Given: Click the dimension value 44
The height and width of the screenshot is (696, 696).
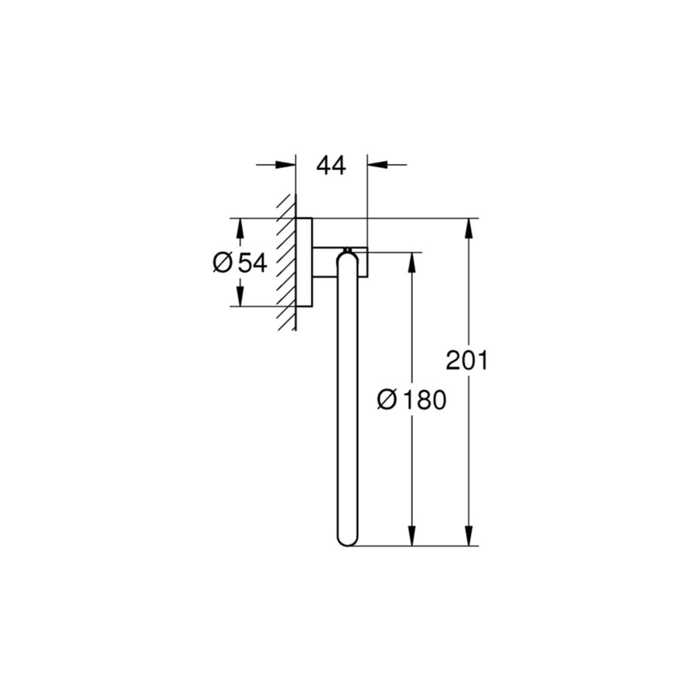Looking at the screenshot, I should point(330,165).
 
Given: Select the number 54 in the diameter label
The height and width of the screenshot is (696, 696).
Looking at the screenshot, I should point(251,263).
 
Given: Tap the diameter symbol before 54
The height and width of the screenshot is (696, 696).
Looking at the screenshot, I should point(221,263).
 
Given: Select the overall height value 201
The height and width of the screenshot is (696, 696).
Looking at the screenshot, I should point(466,360).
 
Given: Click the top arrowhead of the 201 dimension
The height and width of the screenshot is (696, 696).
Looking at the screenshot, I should point(468,228).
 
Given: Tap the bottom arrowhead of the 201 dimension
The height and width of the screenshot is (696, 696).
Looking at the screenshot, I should point(468,537).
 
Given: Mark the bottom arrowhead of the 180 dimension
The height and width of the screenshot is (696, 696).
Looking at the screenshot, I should point(412,537).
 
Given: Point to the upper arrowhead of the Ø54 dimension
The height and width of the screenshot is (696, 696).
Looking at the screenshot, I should point(240,228).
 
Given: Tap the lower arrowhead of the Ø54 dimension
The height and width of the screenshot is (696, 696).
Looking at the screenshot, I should point(240,296).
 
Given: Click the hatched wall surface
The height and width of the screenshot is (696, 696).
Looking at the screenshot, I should point(287,263).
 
